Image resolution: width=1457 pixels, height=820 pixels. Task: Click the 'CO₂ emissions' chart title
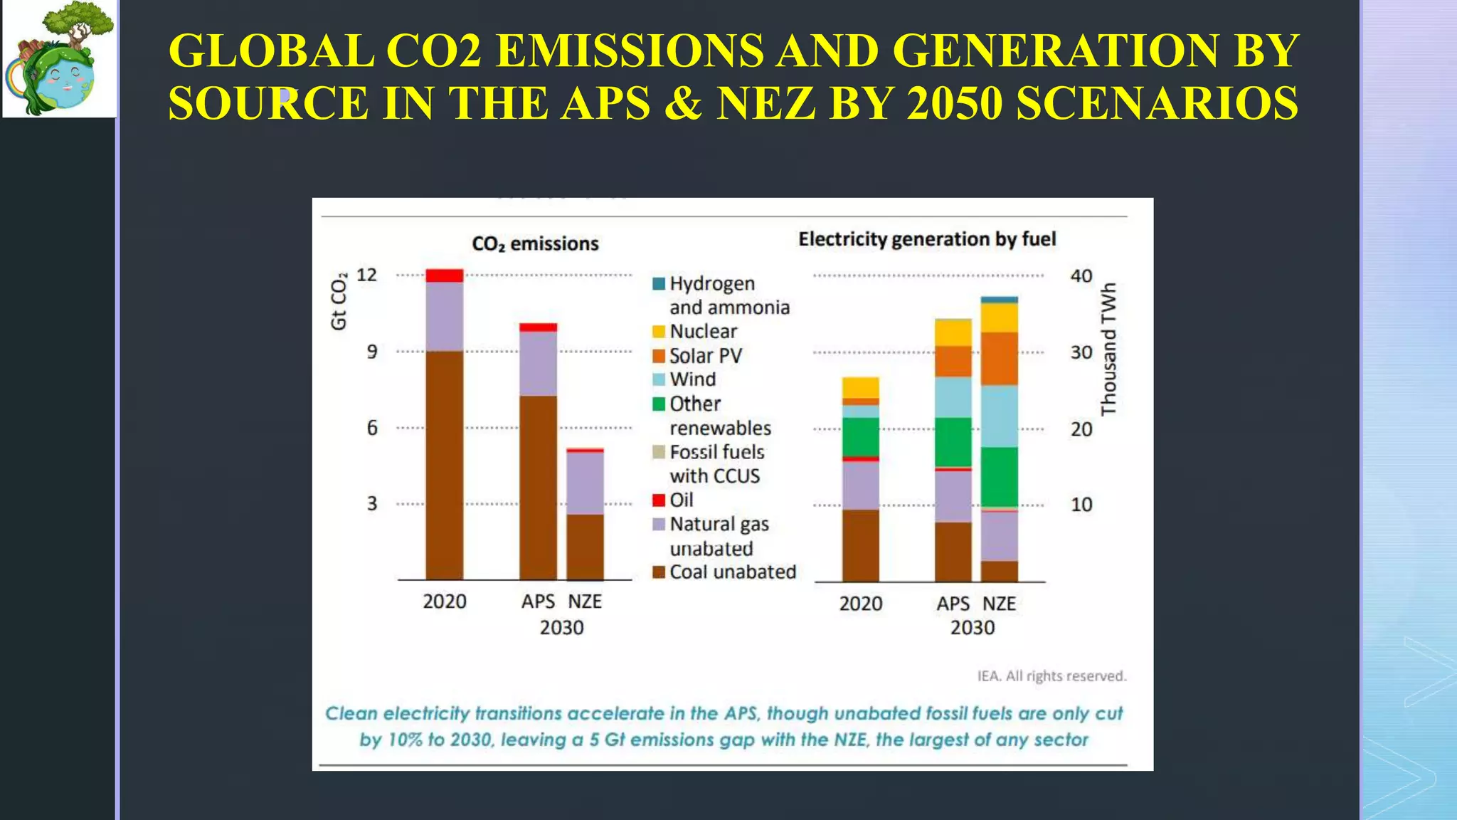[535, 244]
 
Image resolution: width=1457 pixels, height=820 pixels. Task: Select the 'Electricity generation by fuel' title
[926, 239]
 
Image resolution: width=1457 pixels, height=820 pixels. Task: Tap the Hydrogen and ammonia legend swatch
[659, 284]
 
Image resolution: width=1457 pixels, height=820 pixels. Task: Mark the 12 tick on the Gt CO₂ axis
[366, 275]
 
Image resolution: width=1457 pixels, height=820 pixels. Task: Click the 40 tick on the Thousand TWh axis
[1081, 275]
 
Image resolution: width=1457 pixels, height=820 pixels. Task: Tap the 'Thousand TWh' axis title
[1108, 349]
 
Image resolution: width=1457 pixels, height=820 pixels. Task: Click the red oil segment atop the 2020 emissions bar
[444, 275]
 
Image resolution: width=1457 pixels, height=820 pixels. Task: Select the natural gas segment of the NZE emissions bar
[585, 483]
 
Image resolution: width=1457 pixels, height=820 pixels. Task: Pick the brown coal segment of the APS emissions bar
[538, 488]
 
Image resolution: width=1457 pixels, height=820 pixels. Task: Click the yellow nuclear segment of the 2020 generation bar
[860, 388]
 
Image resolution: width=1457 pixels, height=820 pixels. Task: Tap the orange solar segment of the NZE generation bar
[999, 359]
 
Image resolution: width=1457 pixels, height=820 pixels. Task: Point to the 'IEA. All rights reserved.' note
[1051, 676]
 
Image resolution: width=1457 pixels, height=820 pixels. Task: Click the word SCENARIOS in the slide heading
[1157, 103]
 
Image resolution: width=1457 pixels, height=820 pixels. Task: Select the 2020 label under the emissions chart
[445, 602]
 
